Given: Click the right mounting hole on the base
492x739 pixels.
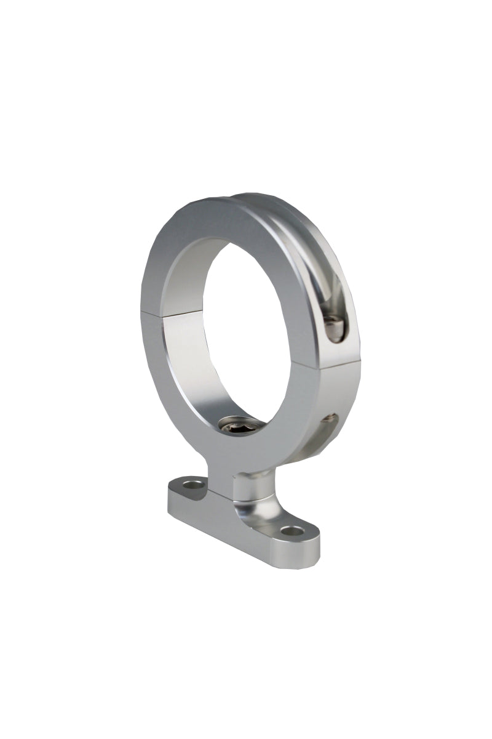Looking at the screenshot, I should coord(290,530).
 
